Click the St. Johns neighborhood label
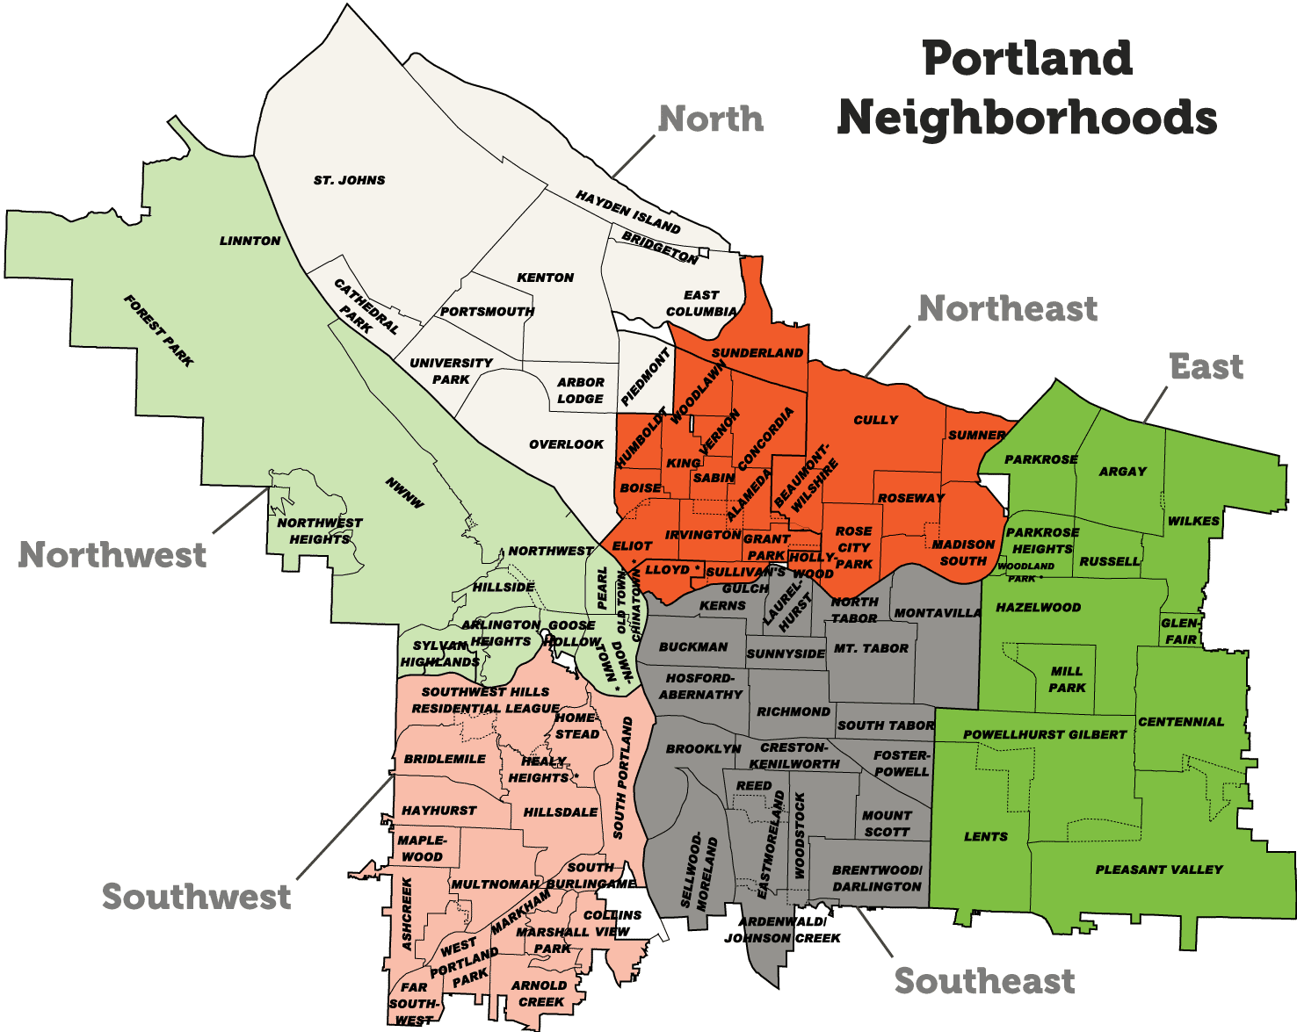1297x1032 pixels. pyautogui.click(x=349, y=180)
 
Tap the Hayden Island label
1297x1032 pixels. pyautogui.click(x=627, y=212)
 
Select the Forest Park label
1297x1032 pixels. pyautogui.click(x=159, y=330)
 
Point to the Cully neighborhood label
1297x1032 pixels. pyautogui.click(x=876, y=420)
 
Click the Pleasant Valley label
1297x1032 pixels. pyautogui.click(x=1159, y=870)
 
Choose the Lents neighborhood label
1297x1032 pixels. pyautogui.click(x=986, y=836)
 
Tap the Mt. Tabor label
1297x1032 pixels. pyautogui.click(x=871, y=648)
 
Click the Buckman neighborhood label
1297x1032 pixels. pyautogui.click(x=693, y=646)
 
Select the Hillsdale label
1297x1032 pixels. pyautogui.click(x=561, y=812)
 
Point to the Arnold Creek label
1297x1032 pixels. pyautogui.click(x=540, y=993)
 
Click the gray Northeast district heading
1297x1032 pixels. pyautogui.click(x=1007, y=308)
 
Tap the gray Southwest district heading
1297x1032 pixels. pyautogui.click(x=196, y=897)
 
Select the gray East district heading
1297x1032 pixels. pyautogui.click(x=1206, y=366)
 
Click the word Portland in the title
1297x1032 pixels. pyautogui.click(x=1027, y=59)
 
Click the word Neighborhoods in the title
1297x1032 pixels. pyautogui.click(x=1027, y=118)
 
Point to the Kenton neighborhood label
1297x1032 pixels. pyautogui.click(x=545, y=278)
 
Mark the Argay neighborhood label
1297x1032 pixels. pyautogui.click(x=1123, y=472)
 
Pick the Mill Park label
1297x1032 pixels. pyautogui.click(x=1067, y=679)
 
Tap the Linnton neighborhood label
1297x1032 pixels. pyautogui.click(x=250, y=241)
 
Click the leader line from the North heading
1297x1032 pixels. pyautogui.click(x=633, y=157)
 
